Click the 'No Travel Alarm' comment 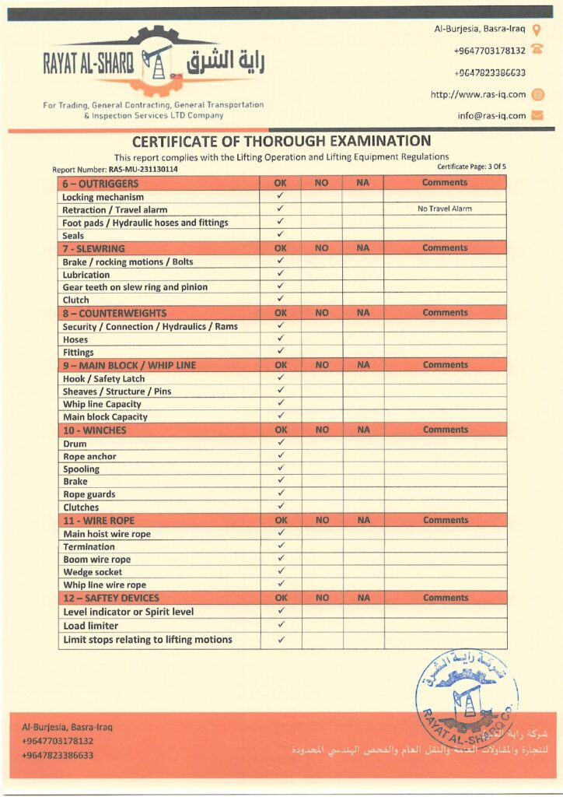point(444,209)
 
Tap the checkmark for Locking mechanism point(281,196)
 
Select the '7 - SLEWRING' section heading point(94,248)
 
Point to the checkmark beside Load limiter point(281,625)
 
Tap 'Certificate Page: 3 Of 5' point(472,167)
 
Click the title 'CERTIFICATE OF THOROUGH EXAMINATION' point(281,142)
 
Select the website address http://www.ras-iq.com point(478,95)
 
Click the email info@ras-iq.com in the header point(491,116)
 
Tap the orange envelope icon point(537,116)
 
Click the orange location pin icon point(537,30)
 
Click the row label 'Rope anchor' point(89,456)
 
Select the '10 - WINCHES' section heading point(95,430)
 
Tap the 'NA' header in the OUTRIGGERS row point(362,183)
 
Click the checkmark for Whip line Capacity point(281,403)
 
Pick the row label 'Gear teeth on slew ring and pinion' point(135,286)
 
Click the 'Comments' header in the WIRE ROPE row point(445,520)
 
